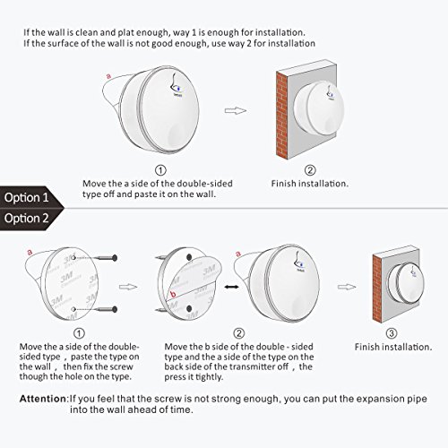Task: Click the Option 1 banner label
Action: point(26,197)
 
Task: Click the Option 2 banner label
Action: point(26,219)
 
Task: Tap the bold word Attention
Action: point(44,399)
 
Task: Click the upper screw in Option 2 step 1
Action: point(106,257)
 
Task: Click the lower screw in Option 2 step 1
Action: point(106,309)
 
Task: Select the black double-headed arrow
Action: point(231,287)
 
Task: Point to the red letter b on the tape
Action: point(173,294)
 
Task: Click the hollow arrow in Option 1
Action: point(236,110)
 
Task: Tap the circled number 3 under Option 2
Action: point(392,333)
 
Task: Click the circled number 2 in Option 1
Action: point(310,170)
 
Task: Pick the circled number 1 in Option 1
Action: point(160,170)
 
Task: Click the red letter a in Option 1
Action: point(108,76)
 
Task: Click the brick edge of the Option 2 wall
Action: point(377,289)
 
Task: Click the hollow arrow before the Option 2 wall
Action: point(347,287)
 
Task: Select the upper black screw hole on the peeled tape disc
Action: point(189,257)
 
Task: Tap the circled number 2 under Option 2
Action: point(238,333)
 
